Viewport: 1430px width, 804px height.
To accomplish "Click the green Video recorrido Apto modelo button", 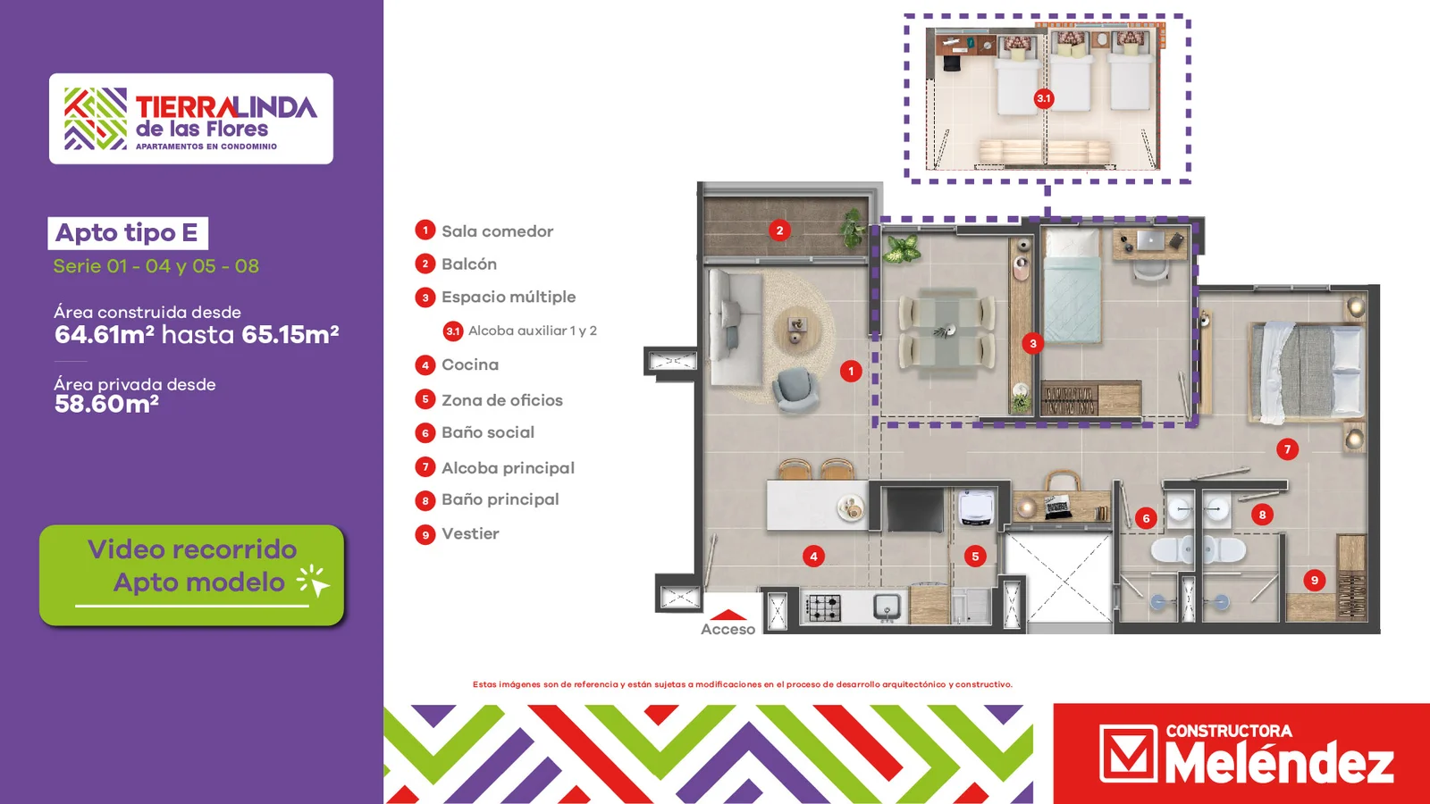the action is pos(191,575).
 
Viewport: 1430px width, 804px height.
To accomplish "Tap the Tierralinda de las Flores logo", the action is pos(191,119).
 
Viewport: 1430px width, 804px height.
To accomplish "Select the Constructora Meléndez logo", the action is pos(1241,754).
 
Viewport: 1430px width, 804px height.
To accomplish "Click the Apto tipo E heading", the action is pos(127,233).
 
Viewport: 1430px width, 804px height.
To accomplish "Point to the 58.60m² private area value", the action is pos(106,404).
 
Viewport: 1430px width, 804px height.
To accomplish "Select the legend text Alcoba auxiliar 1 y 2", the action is pos(533,331).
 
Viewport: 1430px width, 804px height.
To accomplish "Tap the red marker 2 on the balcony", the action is pos(779,230).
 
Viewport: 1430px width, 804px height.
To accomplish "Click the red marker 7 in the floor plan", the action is pos(1287,449).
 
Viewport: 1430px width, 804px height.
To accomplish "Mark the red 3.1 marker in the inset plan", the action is pos(1043,98).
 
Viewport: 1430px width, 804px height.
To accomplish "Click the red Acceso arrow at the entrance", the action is pos(728,616).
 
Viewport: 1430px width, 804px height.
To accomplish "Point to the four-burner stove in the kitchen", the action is pos(824,607).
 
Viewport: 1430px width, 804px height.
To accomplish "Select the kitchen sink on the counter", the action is pos(887,607).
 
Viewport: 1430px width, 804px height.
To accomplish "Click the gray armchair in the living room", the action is pos(795,389).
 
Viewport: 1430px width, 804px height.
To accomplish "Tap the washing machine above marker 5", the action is pos(975,508).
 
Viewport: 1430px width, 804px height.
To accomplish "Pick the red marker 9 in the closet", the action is pos(1314,580).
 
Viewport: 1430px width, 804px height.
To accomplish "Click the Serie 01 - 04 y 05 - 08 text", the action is pos(156,266).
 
